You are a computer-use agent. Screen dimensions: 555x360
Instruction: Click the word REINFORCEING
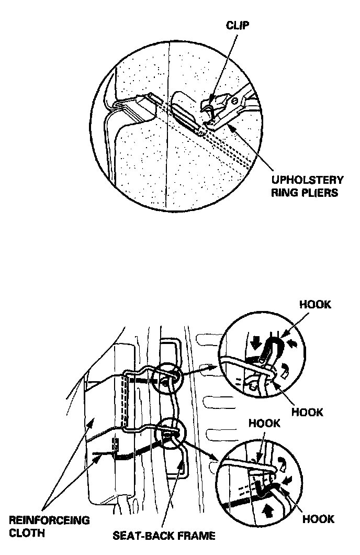[49, 520]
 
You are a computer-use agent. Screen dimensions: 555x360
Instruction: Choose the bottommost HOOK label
[318, 519]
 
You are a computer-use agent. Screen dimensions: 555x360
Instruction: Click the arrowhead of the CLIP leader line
[209, 100]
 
